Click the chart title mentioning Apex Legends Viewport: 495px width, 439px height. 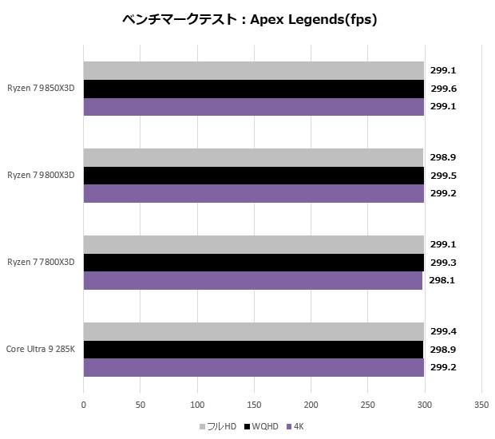[x=250, y=20]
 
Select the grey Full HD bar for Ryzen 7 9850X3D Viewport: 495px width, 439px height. [x=253, y=71]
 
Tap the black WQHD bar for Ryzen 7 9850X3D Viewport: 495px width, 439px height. [x=253, y=89]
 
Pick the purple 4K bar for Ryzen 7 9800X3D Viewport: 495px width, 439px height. [x=253, y=194]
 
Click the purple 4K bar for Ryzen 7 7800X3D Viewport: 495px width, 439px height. [x=252, y=281]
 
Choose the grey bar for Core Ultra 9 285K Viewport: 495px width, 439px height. [x=253, y=332]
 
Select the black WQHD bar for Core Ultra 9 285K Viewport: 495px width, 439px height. [x=253, y=350]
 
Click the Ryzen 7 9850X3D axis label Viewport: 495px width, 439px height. [x=41, y=89]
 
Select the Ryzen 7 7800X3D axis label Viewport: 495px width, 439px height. [x=41, y=263]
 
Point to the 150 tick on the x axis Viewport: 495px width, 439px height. [x=254, y=405]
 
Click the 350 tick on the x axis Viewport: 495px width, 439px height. [x=481, y=405]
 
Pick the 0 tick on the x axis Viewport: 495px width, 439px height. [x=83, y=405]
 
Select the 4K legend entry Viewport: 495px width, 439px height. [x=296, y=426]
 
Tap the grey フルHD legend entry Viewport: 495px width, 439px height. [x=220, y=426]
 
